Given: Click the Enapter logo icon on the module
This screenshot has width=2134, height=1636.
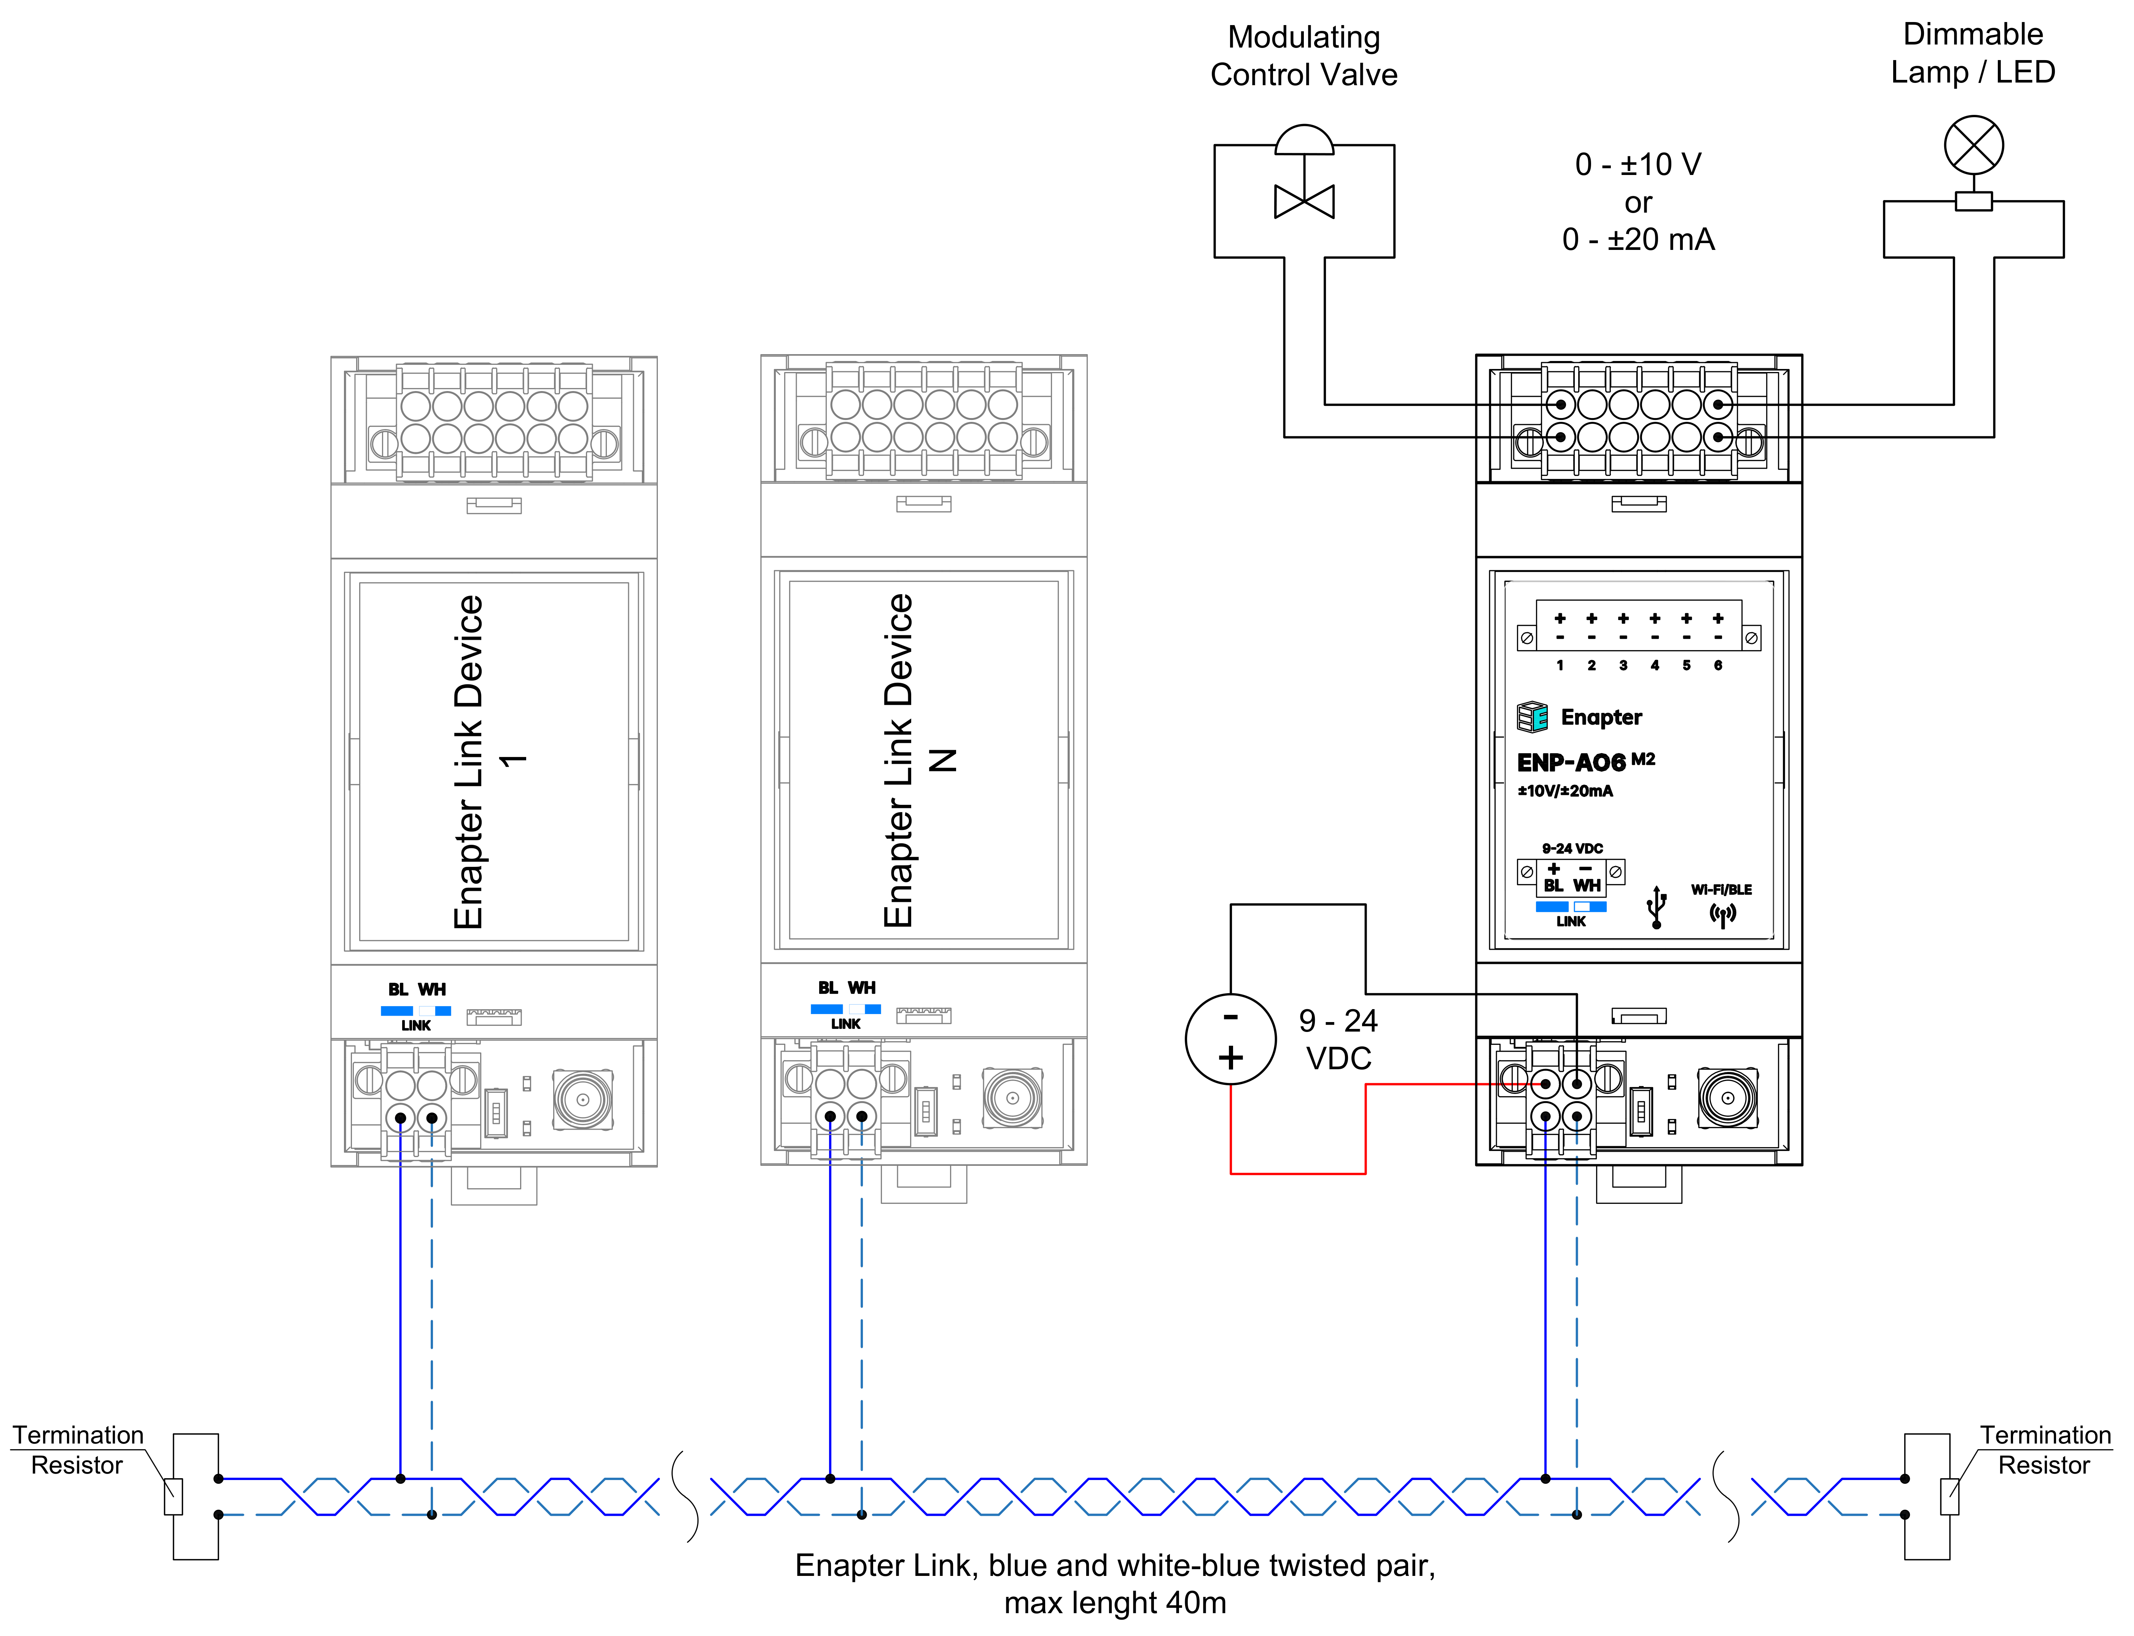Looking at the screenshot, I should (1532, 717).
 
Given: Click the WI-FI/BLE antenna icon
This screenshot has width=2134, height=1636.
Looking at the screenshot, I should (1722, 914).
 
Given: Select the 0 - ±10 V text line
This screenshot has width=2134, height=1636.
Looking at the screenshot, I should (1638, 165).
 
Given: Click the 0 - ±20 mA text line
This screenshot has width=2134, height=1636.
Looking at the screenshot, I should (1638, 240).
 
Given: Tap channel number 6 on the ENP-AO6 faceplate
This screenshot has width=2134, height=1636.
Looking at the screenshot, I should (1718, 665).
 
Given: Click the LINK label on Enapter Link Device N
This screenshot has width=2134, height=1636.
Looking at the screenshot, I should (845, 1024).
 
